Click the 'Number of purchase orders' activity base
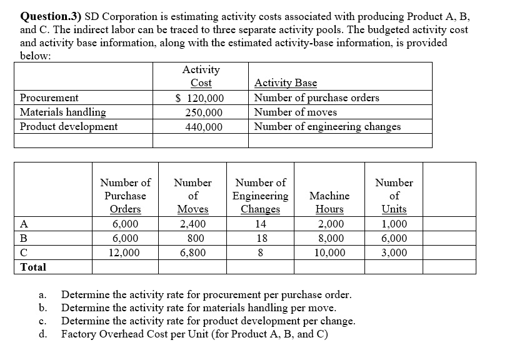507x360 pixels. [x=316, y=97]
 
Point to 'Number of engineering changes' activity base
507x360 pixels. [x=328, y=126]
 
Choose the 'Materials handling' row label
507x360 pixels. [x=63, y=112]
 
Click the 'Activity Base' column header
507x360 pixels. [x=286, y=83]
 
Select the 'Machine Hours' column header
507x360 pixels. [x=329, y=202]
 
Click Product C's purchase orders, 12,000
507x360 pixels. [x=124, y=253]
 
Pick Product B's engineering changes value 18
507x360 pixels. [x=262, y=239]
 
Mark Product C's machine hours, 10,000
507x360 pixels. [x=329, y=253]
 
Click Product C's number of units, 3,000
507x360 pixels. [x=394, y=253]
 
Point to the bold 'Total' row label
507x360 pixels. [x=33, y=267]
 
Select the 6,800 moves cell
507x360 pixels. [x=193, y=253]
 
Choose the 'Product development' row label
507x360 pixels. [x=69, y=127]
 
